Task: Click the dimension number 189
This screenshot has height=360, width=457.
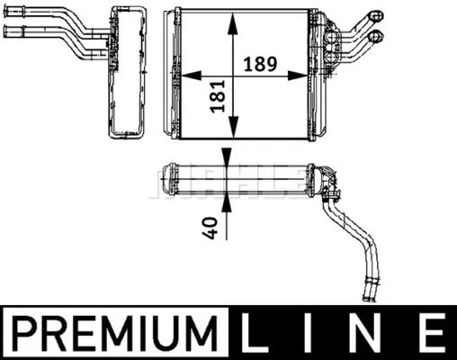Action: (260, 64)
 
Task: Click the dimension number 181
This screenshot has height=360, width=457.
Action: (218, 96)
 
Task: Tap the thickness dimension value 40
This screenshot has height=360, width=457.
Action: (210, 229)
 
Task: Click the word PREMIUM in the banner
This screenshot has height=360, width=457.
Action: (114, 333)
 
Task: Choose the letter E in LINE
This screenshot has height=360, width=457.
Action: (431, 333)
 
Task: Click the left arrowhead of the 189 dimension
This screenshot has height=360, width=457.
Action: (192, 76)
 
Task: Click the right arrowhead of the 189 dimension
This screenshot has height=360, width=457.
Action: (298, 76)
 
